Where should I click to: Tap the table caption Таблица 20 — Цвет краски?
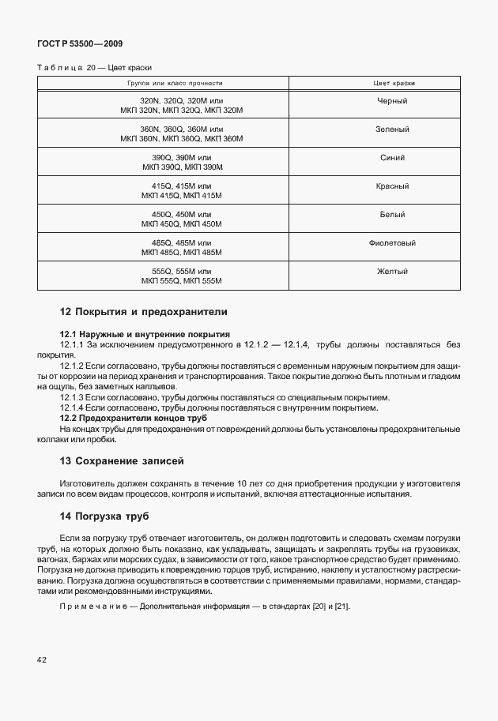(94, 68)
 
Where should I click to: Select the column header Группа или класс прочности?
(175, 83)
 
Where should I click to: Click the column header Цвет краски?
(394, 83)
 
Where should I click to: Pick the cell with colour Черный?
(393, 102)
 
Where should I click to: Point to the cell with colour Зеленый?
(393, 130)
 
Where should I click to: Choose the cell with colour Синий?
(393, 158)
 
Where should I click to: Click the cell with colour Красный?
(393, 186)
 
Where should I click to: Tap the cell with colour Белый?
(393, 215)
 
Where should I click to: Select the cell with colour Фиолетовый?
(393, 243)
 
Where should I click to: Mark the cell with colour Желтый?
(393, 272)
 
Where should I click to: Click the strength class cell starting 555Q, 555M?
(182, 276)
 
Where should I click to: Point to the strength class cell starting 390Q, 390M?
(182, 163)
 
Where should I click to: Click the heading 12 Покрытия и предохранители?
(144, 312)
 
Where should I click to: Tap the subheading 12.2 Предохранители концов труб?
(134, 417)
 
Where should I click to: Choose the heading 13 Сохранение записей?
(122, 460)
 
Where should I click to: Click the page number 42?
(42, 659)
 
